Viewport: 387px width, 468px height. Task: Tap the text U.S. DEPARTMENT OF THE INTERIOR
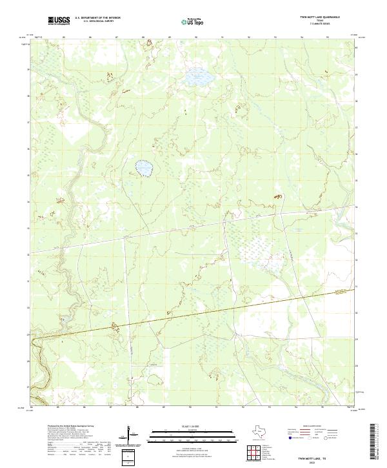coord(97,19)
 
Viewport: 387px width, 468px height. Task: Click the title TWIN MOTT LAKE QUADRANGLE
coord(313,18)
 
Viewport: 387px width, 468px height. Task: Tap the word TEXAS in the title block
coord(314,21)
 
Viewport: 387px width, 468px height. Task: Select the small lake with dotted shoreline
coord(144,168)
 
